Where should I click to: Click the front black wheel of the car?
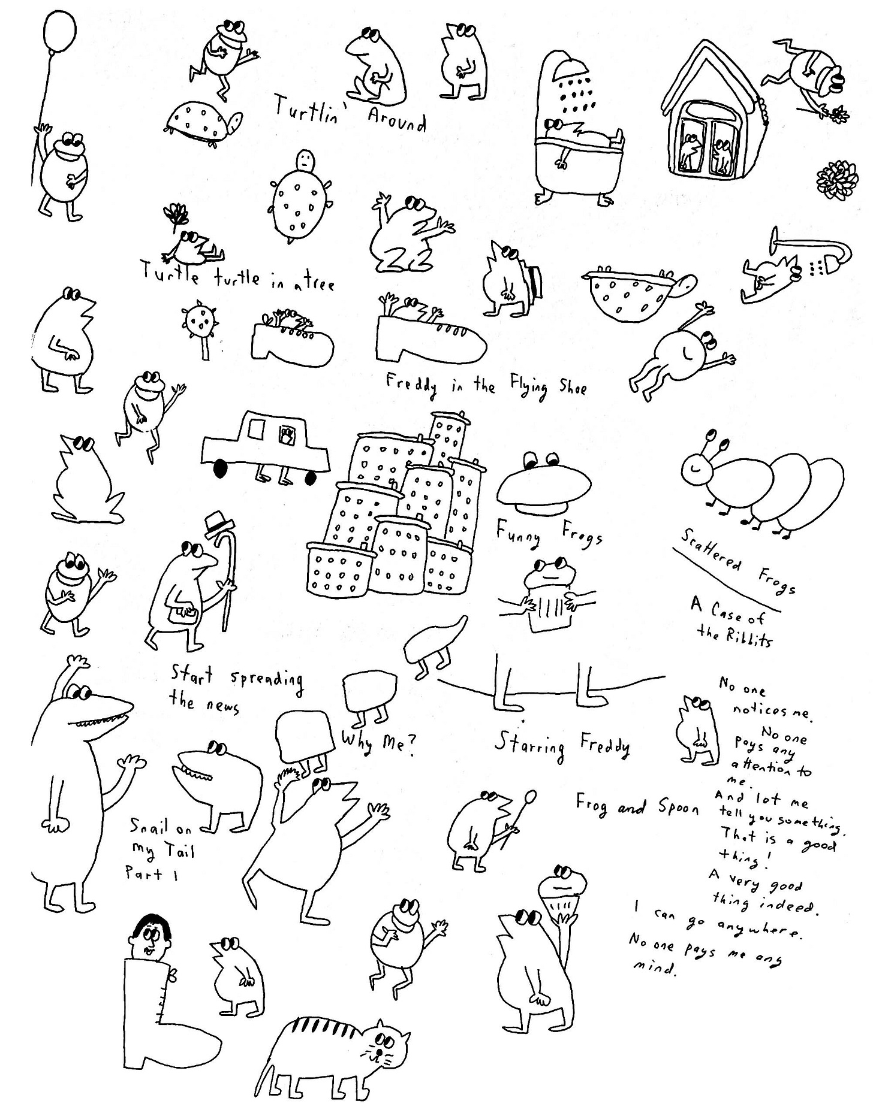pos(221,469)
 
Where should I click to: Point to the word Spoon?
pos(679,807)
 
